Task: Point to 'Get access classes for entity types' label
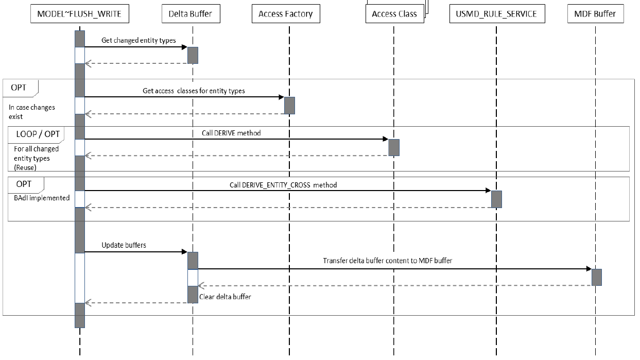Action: click(194, 91)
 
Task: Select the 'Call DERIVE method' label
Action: click(231, 133)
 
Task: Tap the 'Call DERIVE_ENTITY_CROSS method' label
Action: click(283, 184)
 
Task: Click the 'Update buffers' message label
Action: click(124, 245)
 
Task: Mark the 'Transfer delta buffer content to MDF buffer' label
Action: click(387, 261)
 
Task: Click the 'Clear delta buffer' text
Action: click(225, 297)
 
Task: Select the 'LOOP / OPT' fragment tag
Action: click(37, 134)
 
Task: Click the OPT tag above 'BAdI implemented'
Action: click(25, 184)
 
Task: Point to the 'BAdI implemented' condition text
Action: click(39, 198)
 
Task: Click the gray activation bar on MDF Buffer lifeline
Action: click(596, 277)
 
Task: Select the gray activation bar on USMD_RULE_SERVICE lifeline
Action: click(496, 199)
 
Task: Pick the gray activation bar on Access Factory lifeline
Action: click(289, 105)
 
